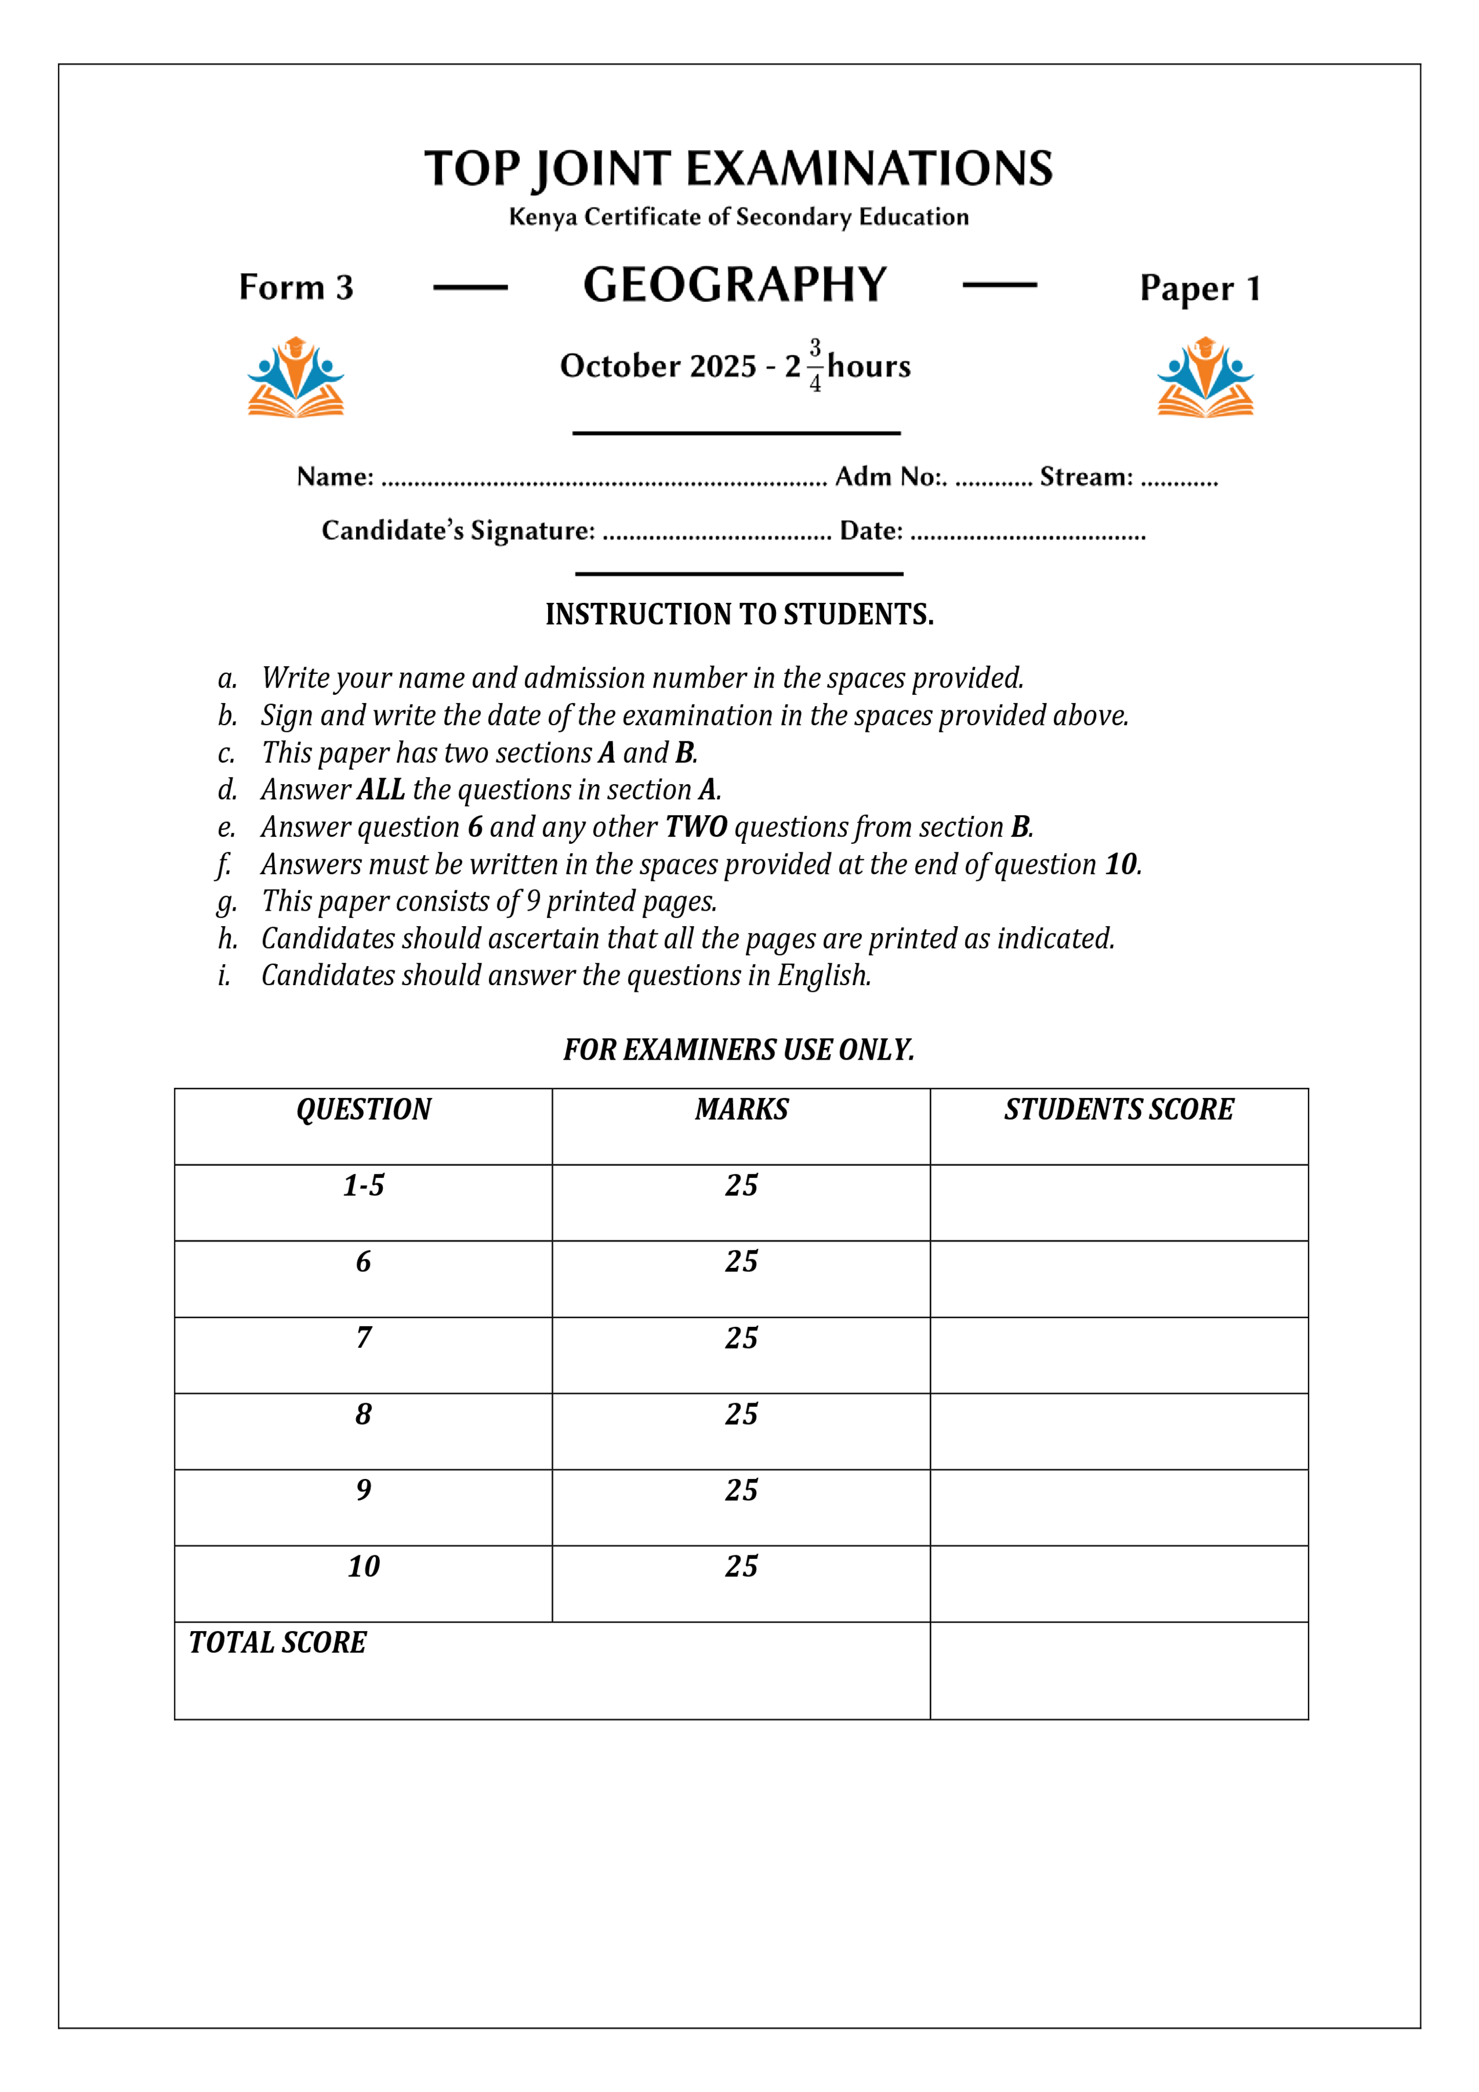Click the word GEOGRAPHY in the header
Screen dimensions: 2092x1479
pyautogui.click(x=735, y=284)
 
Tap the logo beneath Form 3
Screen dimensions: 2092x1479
pyautogui.click(x=295, y=377)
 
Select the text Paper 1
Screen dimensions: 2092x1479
pyautogui.click(x=1199, y=288)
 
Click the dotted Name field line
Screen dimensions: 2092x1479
pyautogui.click(x=604, y=480)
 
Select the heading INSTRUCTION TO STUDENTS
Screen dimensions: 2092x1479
pyautogui.click(x=739, y=614)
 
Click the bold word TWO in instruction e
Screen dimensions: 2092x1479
pyautogui.click(x=695, y=827)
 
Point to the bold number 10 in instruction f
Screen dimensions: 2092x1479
pyautogui.click(x=1120, y=864)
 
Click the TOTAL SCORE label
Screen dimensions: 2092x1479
pyautogui.click(x=277, y=1643)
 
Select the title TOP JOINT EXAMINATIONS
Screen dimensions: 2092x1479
pyautogui.click(x=738, y=169)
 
